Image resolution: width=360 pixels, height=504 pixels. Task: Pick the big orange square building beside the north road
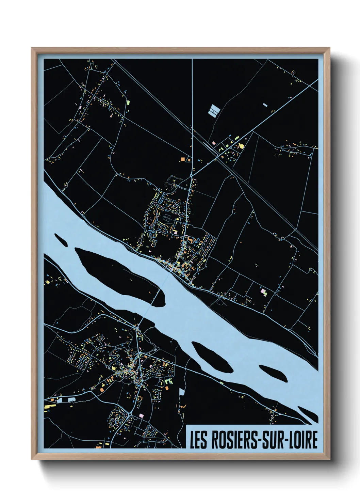pyautogui.click(x=183, y=159)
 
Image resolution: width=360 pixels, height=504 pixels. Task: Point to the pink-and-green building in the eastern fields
pyautogui.click(x=263, y=292)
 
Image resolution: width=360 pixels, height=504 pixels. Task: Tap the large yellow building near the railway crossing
pyautogui.click(x=242, y=146)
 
